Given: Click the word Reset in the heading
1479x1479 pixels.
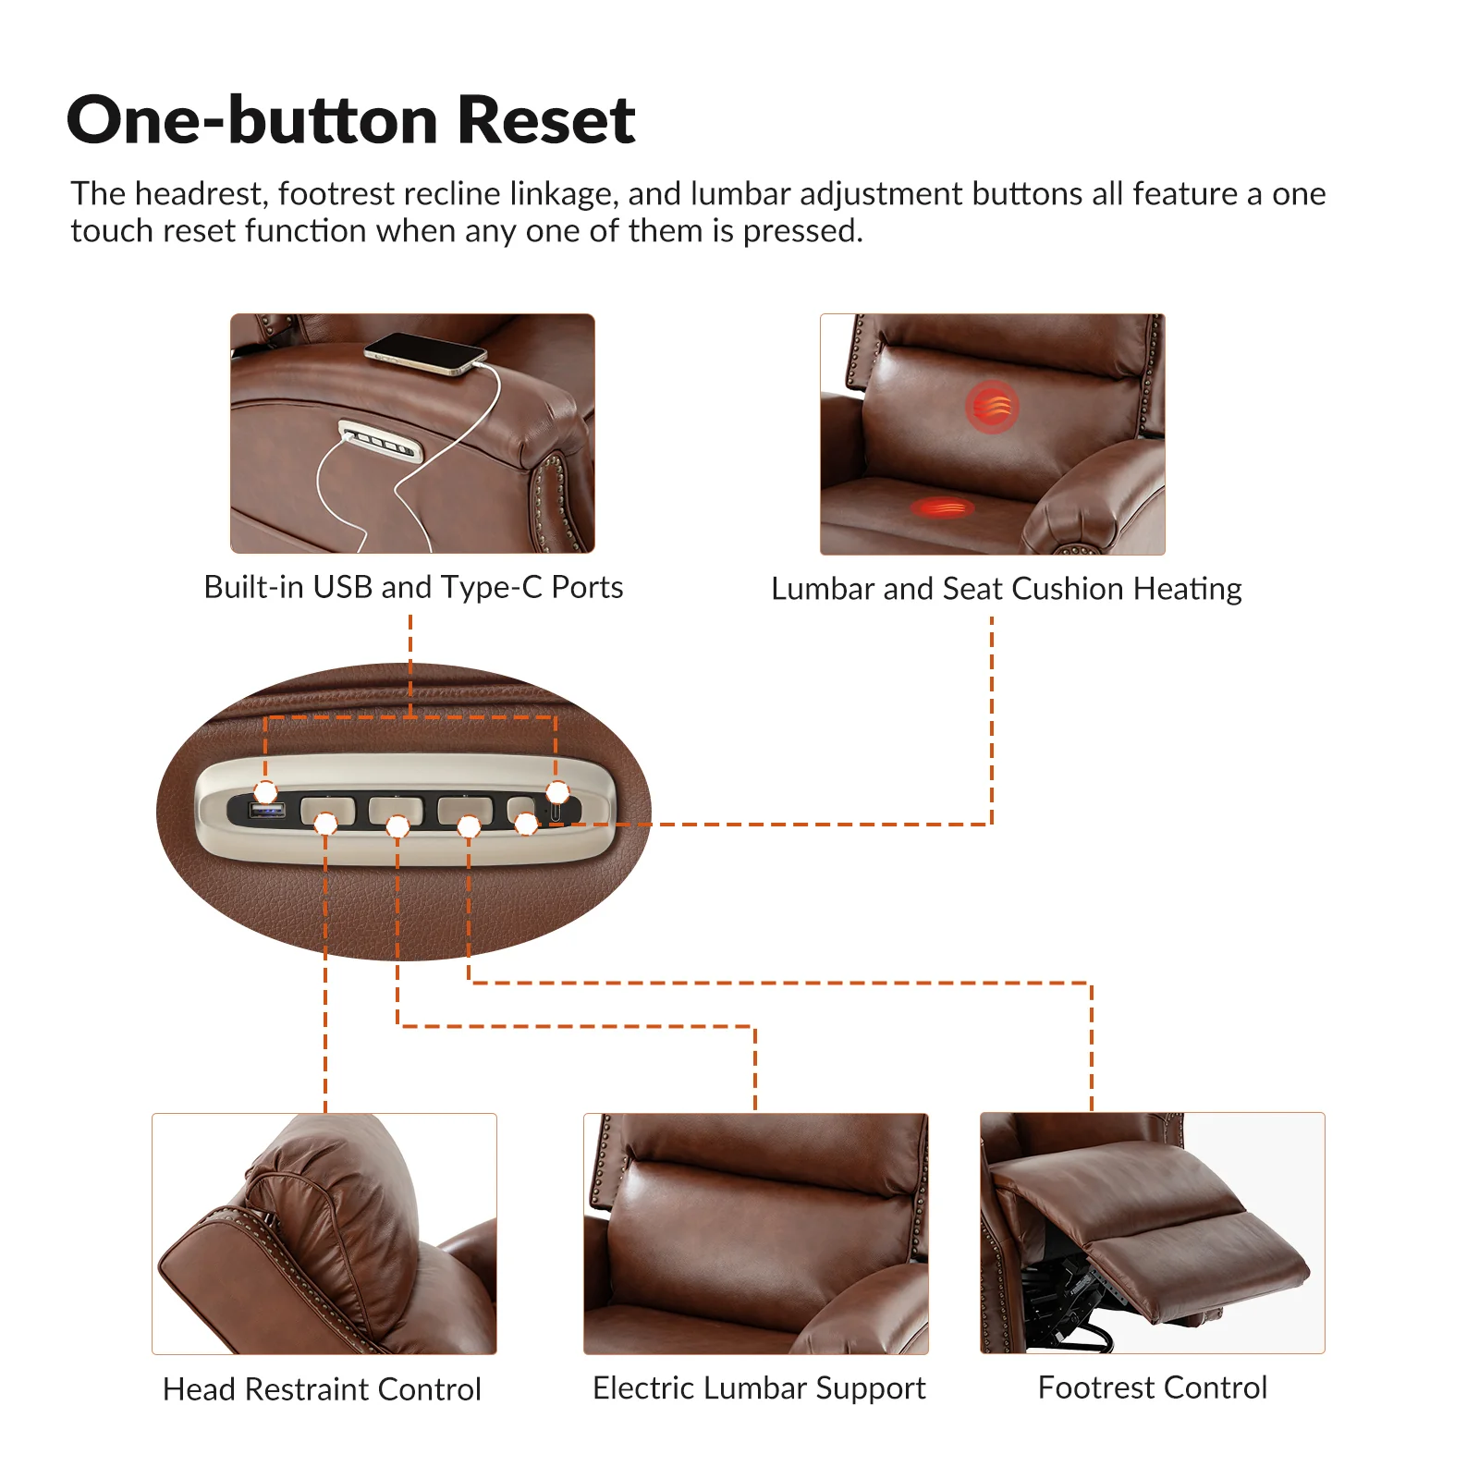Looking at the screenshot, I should click(x=545, y=120).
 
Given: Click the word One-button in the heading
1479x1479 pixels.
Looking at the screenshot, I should click(x=251, y=120).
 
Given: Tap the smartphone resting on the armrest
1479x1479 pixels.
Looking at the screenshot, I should click(x=425, y=354).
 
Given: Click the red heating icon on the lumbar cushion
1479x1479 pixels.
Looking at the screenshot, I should click(x=992, y=407).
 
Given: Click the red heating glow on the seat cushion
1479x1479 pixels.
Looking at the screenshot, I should click(x=941, y=507).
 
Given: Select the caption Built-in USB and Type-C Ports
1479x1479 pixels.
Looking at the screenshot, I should click(x=413, y=587).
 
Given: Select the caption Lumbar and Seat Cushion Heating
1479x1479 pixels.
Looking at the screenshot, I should click(x=1006, y=589).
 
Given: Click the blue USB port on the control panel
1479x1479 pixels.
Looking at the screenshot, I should click(x=267, y=812).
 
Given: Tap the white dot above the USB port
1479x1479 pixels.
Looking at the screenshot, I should click(x=265, y=792).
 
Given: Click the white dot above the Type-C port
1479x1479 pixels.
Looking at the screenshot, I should click(x=557, y=792).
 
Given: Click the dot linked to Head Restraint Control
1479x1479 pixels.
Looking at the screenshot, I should click(x=325, y=823).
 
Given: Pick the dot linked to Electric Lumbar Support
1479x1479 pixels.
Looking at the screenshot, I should click(x=397, y=825).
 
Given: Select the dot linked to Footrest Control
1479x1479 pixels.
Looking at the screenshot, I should click(x=469, y=825).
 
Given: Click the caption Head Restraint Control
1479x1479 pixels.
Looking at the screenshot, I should click(x=322, y=1389).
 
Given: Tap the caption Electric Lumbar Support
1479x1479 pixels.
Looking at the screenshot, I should click(x=758, y=1387).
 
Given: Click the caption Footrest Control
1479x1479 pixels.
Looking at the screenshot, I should click(x=1152, y=1387).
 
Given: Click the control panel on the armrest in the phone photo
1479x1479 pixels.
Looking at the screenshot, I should click(x=380, y=441).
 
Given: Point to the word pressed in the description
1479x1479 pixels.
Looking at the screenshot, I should click(x=802, y=231).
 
